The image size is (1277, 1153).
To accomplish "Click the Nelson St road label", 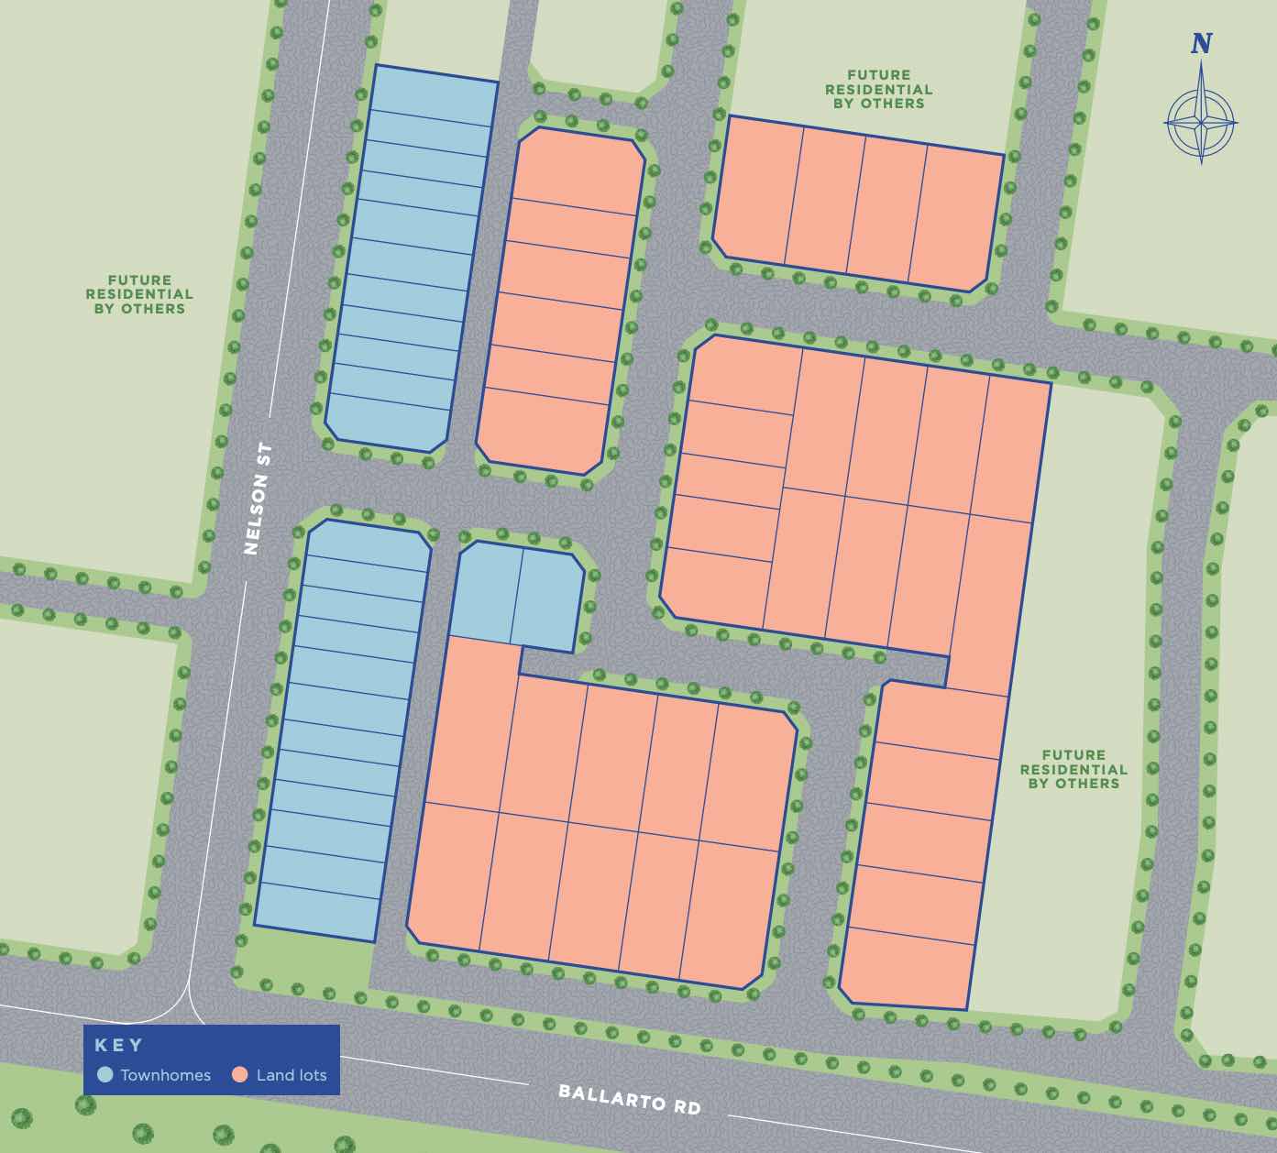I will click(x=259, y=500).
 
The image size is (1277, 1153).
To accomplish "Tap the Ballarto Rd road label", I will click(x=630, y=1098).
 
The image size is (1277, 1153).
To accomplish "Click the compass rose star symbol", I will click(x=1201, y=122).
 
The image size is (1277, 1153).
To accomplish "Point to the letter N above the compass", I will click(x=1201, y=43).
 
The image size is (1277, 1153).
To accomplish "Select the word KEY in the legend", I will click(x=119, y=1045).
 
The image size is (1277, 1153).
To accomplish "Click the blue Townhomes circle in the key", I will click(x=105, y=1075).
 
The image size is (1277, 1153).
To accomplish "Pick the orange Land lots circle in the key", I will click(x=240, y=1075).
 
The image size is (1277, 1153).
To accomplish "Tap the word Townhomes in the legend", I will click(x=165, y=1075).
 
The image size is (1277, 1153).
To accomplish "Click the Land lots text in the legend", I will click(x=291, y=1075).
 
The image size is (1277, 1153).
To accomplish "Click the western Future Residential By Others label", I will click(x=139, y=294).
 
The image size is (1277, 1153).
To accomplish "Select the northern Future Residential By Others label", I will click(x=878, y=89).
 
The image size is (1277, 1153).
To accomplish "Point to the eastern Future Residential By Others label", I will click(x=1073, y=769).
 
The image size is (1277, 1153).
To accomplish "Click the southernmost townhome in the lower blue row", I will click(x=317, y=912).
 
